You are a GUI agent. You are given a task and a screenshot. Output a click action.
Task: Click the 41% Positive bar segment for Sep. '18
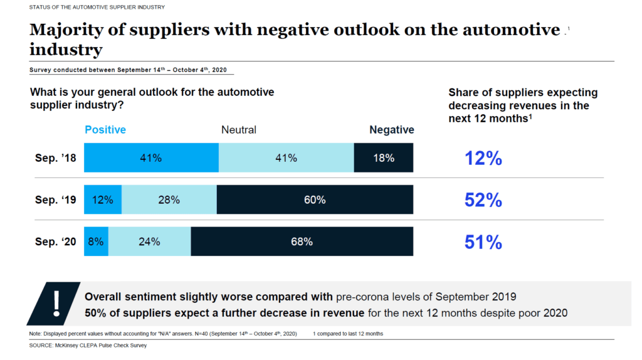pyautogui.click(x=151, y=158)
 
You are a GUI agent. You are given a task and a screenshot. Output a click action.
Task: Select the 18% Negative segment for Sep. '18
pyautogui.click(x=384, y=158)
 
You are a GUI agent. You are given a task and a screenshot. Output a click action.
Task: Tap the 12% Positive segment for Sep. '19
pyautogui.click(x=103, y=200)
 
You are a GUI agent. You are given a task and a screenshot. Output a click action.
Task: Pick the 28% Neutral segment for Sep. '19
pyautogui.click(x=169, y=200)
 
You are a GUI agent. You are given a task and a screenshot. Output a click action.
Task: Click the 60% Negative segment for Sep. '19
pyautogui.click(x=315, y=200)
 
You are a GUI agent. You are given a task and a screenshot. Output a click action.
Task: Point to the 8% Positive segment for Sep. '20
pyautogui.click(x=96, y=241)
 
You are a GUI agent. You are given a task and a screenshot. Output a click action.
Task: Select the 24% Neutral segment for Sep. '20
pyautogui.click(x=149, y=241)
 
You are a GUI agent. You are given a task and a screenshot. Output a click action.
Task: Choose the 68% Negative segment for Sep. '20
pyautogui.click(x=302, y=241)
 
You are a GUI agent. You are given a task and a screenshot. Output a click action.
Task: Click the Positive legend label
pyautogui.click(x=105, y=130)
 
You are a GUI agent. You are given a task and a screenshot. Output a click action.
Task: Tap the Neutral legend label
pyautogui.click(x=239, y=130)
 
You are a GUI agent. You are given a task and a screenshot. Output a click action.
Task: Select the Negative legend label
pyautogui.click(x=391, y=130)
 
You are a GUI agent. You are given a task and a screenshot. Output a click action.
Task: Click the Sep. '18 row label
pyautogui.click(x=55, y=158)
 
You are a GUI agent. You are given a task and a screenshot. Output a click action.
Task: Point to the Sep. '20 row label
pyautogui.click(x=55, y=241)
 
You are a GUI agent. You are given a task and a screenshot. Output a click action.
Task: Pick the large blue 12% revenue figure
pyautogui.click(x=483, y=158)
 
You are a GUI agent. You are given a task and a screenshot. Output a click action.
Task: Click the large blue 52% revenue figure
pyautogui.click(x=483, y=200)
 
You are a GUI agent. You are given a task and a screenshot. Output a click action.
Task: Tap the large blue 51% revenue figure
pyautogui.click(x=483, y=241)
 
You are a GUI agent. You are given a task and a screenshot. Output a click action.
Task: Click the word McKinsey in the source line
pyautogui.click(x=69, y=346)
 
